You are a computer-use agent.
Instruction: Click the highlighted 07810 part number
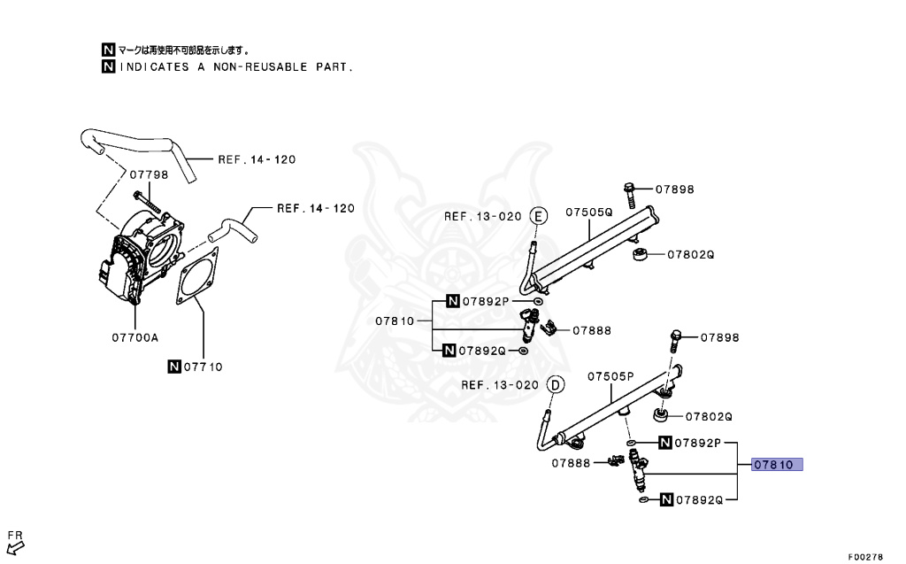tap(776, 465)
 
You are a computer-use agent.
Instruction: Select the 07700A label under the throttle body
tap(135, 336)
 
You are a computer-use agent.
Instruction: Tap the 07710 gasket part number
tap(203, 366)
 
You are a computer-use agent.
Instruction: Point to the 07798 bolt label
tap(149, 174)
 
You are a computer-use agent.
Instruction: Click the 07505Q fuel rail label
tap(589, 212)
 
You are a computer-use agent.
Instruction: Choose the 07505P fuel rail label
tap(611, 376)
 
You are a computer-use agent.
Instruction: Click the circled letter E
tap(539, 216)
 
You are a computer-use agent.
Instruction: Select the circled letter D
tap(555, 384)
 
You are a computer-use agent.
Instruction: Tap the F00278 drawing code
tap(865, 557)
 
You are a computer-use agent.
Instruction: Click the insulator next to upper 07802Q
tap(641, 255)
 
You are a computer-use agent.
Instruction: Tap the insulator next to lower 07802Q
tap(661, 414)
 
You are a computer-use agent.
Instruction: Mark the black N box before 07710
tap(174, 366)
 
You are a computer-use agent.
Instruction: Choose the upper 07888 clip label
tap(592, 330)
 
